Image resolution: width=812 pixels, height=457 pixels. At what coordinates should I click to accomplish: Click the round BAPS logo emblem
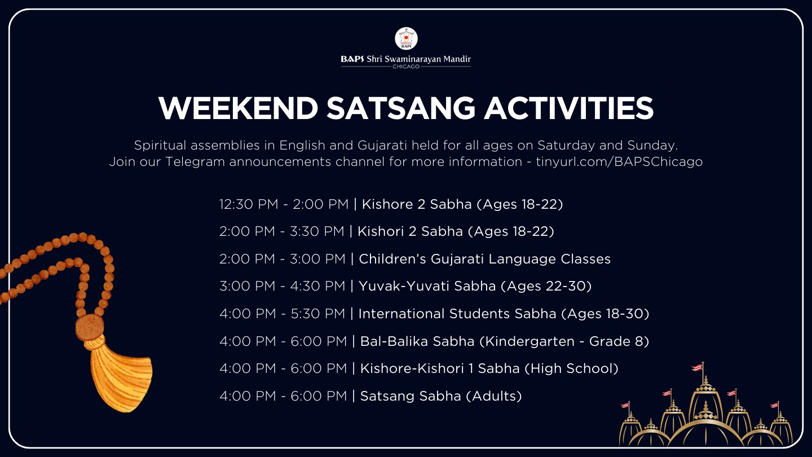click(406, 38)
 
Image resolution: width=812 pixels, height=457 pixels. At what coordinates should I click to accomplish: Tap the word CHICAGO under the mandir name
click(406, 67)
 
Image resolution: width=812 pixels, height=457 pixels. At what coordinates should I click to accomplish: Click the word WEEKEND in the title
click(238, 108)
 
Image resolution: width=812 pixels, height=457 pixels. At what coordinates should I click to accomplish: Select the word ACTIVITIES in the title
click(569, 108)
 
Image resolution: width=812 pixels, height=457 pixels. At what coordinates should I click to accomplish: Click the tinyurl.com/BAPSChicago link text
click(619, 162)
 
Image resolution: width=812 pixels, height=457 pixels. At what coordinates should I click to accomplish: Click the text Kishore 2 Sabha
click(417, 204)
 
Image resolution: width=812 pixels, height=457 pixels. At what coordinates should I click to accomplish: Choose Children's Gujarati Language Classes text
click(485, 259)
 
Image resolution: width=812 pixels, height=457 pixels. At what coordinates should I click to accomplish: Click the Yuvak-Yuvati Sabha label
click(427, 286)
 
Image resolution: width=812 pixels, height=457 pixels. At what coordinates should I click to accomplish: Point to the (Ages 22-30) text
click(546, 286)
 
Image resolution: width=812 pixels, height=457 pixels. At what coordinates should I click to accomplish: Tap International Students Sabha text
click(457, 314)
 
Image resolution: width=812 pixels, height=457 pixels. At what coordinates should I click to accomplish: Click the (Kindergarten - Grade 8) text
click(564, 341)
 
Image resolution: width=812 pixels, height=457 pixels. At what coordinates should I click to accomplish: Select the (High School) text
click(571, 368)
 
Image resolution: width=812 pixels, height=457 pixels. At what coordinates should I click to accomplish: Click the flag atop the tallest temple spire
click(698, 368)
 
